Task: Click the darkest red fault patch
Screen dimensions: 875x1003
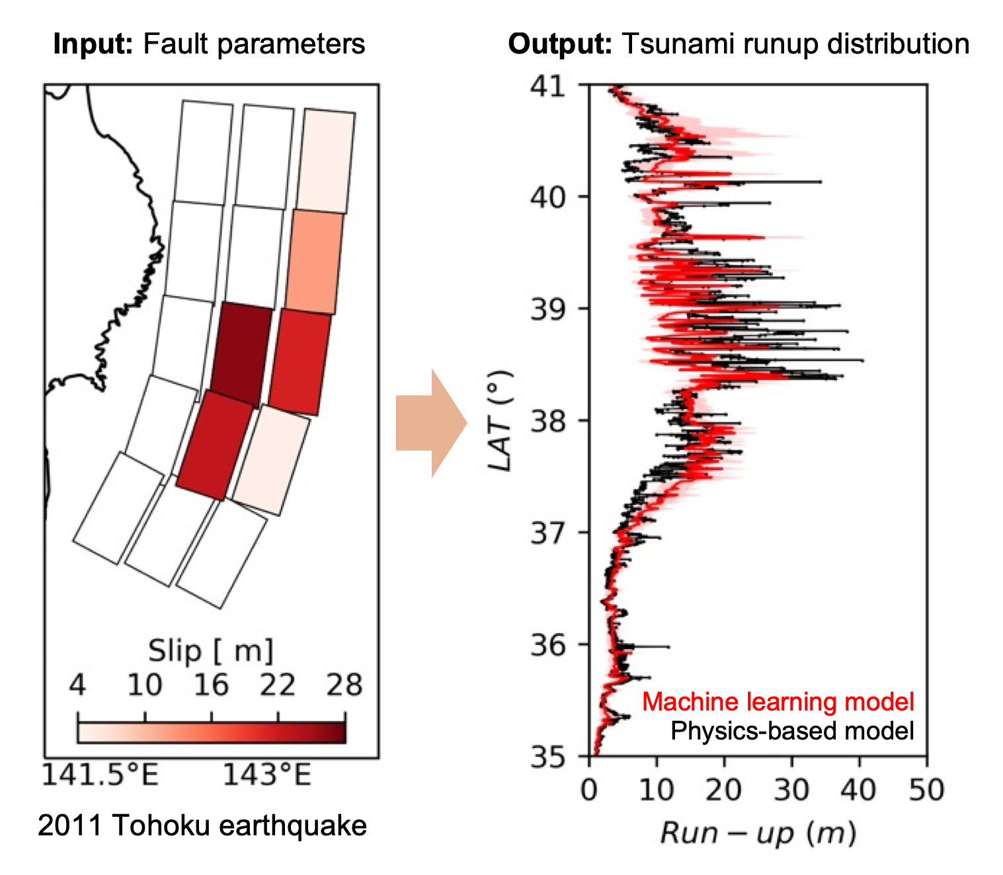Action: [x=241, y=355]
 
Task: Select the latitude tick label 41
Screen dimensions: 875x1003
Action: [x=548, y=86]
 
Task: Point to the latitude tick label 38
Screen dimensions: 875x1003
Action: [x=548, y=420]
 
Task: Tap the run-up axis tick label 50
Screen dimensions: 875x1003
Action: [x=926, y=790]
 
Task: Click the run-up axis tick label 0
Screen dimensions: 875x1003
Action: [x=589, y=790]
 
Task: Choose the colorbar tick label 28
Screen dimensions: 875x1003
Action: [x=344, y=685]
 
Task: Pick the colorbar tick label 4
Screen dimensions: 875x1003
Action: [x=77, y=685]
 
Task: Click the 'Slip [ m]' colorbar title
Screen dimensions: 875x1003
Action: [x=210, y=651]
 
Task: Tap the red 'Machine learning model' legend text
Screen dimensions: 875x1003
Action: [x=778, y=702]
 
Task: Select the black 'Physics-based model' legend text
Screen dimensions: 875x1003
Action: [x=792, y=731]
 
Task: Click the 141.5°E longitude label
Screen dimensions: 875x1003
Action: [x=100, y=775]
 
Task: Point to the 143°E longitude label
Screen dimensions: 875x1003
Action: [x=266, y=775]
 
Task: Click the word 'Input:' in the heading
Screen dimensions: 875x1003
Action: [x=93, y=44]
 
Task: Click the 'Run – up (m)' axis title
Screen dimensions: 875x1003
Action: [x=758, y=833]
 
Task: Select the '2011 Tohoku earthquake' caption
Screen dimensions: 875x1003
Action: [x=202, y=825]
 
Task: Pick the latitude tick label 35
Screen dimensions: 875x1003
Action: [x=548, y=757]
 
